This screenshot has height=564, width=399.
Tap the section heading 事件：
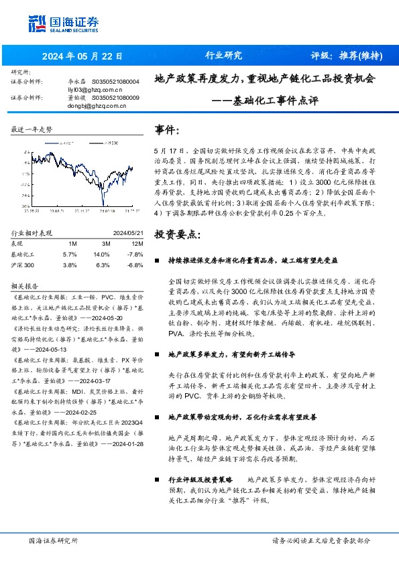point(167,129)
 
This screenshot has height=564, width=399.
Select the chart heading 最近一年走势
point(32,129)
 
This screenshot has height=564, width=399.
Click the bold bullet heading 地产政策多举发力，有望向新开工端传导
point(231,352)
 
